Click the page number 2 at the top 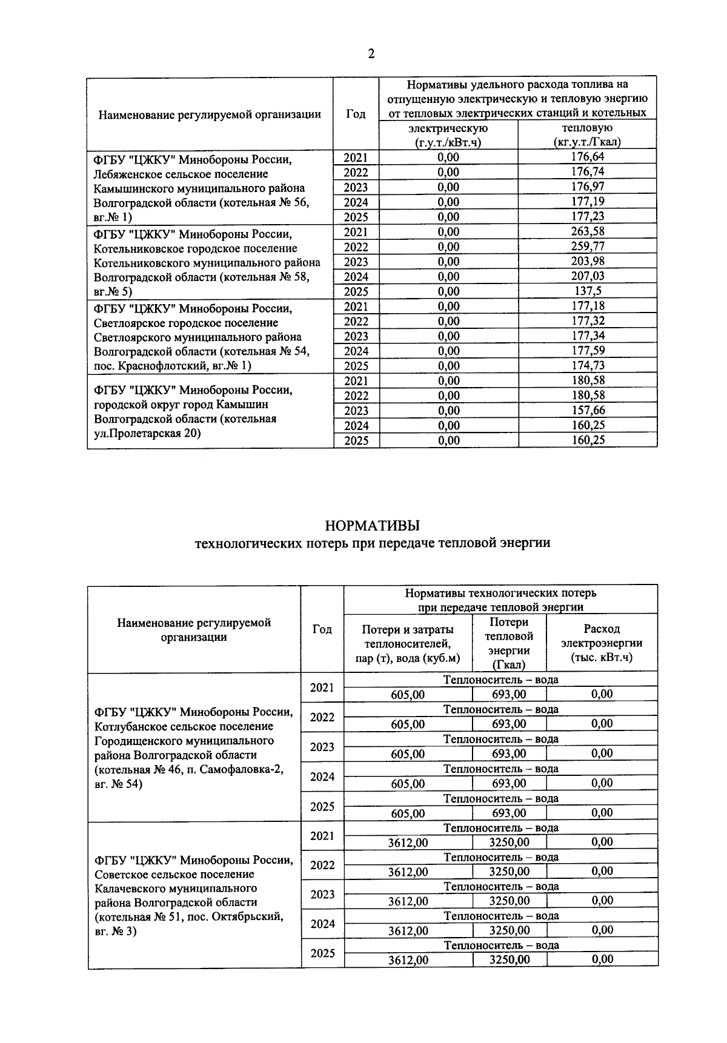(x=371, y=55)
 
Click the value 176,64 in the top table (x=588, y=157)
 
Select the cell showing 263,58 (x=588, y=231)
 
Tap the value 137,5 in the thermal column (x=588, y=291)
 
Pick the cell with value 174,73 (x=588, y=365)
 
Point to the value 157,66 (x=588, y=410)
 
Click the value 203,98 (x=588, y=261)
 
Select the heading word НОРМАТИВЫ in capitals (x=372, y=525)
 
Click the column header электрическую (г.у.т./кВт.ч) (x=448, y=135)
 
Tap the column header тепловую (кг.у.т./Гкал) (x=587, y=135)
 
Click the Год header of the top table (x=356, y=114)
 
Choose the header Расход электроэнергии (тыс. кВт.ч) (x=602, y=643)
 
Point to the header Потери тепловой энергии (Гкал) (x=509, y=643)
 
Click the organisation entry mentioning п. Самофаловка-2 (x=194, y=747)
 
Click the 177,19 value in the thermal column (x=588, y=202)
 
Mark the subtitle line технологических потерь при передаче (x=372, y=543)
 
